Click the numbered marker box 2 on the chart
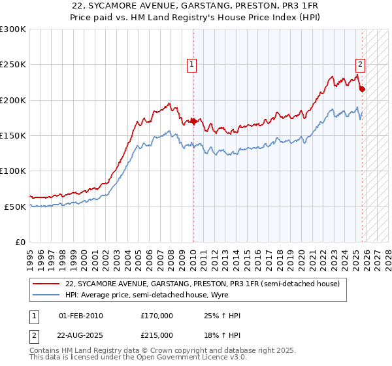(x=360, y=64)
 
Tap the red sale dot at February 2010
(x=193, y=121)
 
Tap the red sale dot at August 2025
(x=363, y=90)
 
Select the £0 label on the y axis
(x=20, y=242)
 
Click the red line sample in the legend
(x=46, y=284)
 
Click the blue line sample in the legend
(x=46, y=295)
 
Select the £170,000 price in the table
(x=156, y=316)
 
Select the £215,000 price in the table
(x=156, y=335)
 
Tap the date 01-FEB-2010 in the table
(x=80, y=316)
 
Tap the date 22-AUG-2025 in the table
(x=80, y=335)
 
